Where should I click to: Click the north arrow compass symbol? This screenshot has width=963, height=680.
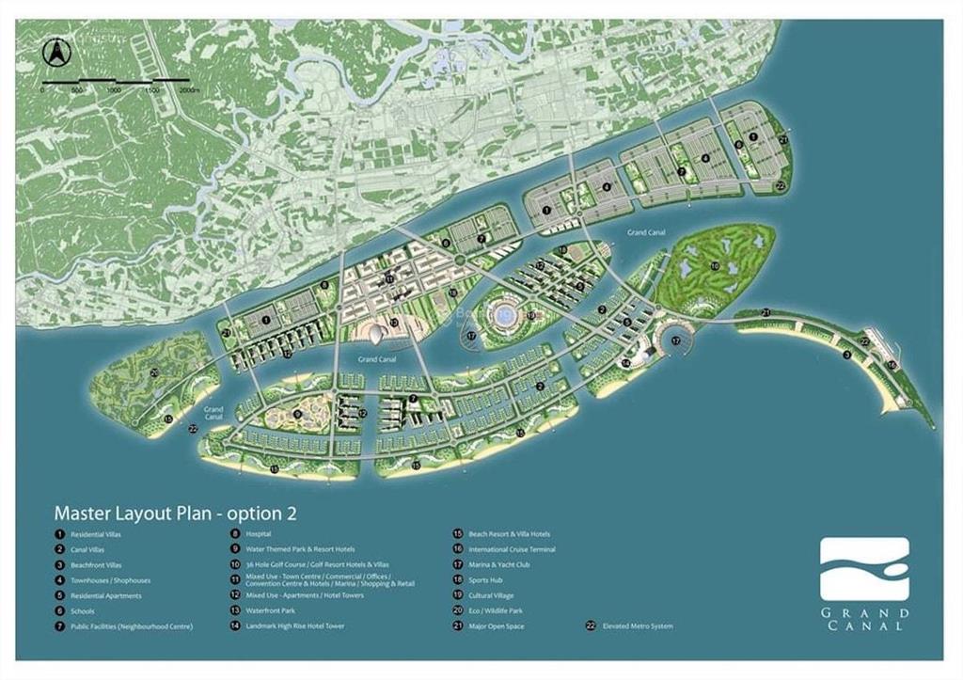point(55,51)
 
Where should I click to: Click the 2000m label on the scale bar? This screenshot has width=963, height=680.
point(189,91)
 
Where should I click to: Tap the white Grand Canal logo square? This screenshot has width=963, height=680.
point(864,569)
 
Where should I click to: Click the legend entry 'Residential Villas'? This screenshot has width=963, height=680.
point(95,534)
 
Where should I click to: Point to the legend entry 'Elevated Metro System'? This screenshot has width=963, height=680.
point(638,625)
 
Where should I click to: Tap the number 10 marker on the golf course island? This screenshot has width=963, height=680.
point(715,266)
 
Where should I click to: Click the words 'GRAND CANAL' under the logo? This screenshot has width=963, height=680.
point(864,618)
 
